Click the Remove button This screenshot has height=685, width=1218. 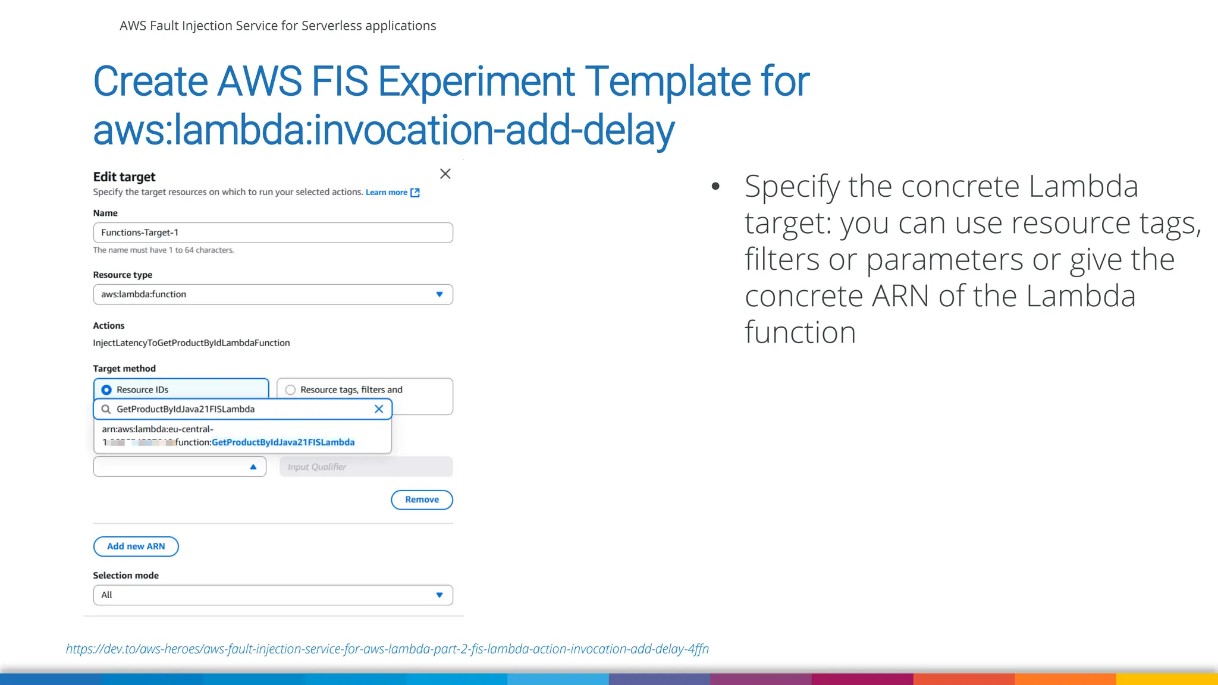pos(422,499)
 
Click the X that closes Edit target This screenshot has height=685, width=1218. pos(445,174)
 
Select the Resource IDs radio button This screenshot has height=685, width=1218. pos(106,389)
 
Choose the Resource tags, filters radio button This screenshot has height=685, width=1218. pos(290,390)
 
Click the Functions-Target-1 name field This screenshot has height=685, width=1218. pos(272,232)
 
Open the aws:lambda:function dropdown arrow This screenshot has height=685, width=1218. pos(440,294)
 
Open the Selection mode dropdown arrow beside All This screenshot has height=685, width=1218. pos(440,595)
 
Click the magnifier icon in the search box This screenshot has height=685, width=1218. pos(106,409)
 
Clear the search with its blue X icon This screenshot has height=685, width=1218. pos(379,409)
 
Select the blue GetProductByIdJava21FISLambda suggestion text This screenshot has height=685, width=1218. pos(283,442)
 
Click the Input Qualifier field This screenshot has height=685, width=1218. pos(366,467)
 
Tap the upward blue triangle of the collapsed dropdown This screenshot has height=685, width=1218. pos(253,467)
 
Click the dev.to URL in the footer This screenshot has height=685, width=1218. pos(387,649)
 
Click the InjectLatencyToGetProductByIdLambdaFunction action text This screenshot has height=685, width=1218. pos(192,342)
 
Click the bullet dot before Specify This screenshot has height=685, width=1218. pos(715,186)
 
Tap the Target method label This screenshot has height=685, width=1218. pos(124,369)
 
